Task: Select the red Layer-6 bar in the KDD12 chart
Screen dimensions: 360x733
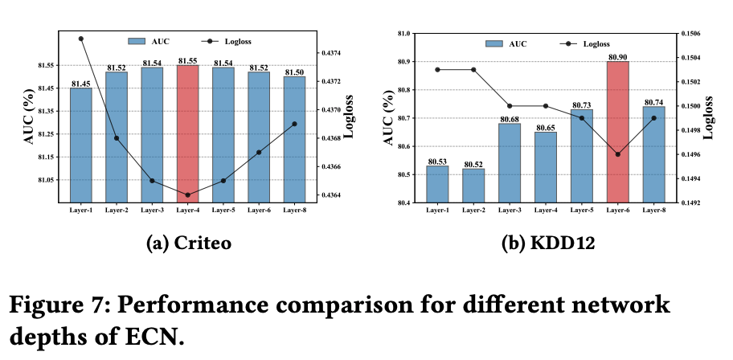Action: point(618,132)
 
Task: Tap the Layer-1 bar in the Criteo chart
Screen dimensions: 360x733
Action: point(81,145)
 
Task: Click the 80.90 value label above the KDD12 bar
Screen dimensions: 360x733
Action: point(618,57)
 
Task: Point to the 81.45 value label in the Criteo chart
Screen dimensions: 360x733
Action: point(81,84)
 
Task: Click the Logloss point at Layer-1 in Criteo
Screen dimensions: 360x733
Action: point(81,39)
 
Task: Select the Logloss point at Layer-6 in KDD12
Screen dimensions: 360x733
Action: point(618,154)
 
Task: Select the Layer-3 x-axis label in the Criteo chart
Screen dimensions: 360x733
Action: point(152,210)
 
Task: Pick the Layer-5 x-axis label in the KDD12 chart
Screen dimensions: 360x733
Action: point(582,210)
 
